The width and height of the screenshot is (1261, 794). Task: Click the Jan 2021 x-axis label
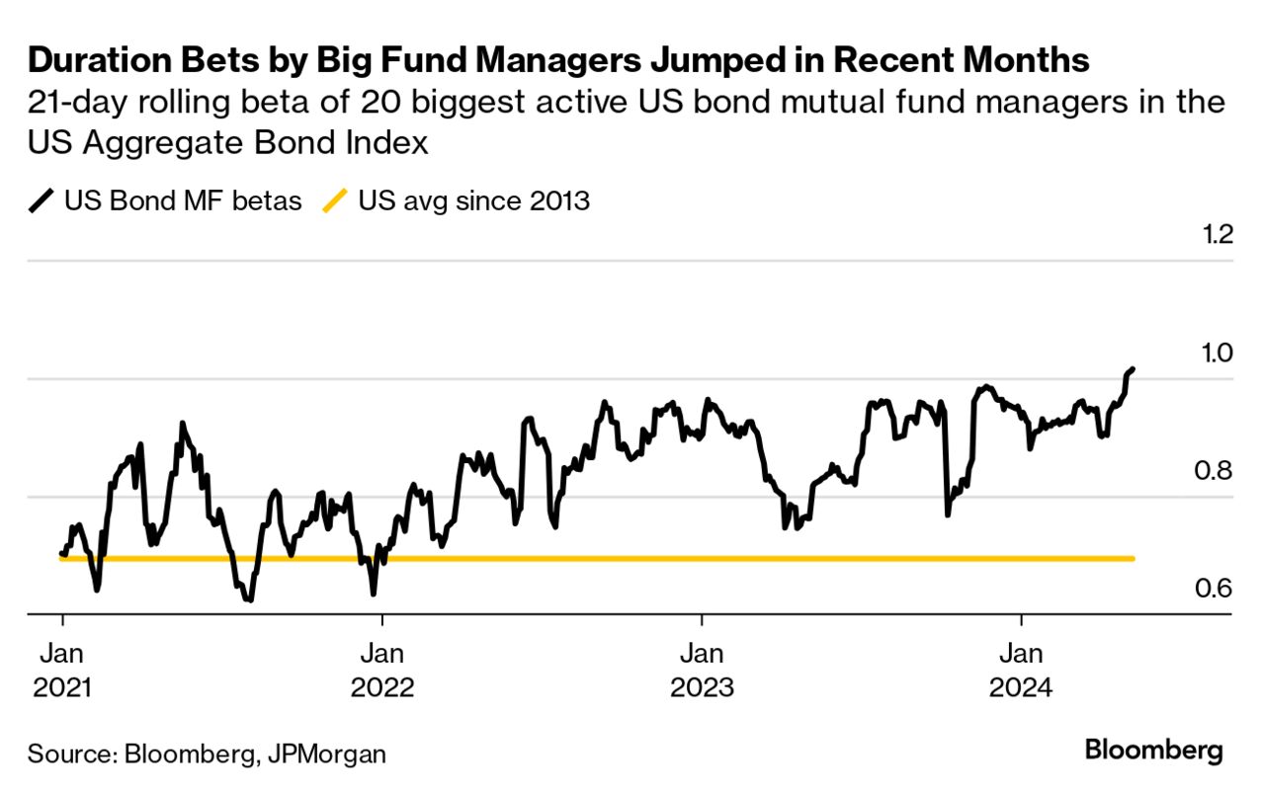pos(63,670)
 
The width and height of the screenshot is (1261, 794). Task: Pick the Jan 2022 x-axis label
pos(382,670)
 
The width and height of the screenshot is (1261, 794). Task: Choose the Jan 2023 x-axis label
pos(702,670)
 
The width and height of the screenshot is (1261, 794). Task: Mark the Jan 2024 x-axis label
pos(1021,670)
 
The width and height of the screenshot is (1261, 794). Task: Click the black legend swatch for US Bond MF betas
pos(42,202)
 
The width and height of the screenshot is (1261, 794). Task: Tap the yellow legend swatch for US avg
pos(336,202)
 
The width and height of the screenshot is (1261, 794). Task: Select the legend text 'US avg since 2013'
pos(474,202)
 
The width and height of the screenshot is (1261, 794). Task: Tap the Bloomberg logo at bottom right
pos(1153,750)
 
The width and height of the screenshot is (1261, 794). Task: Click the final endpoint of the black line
pos(1133,369)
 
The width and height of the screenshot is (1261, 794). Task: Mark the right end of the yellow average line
pos(1133,559)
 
